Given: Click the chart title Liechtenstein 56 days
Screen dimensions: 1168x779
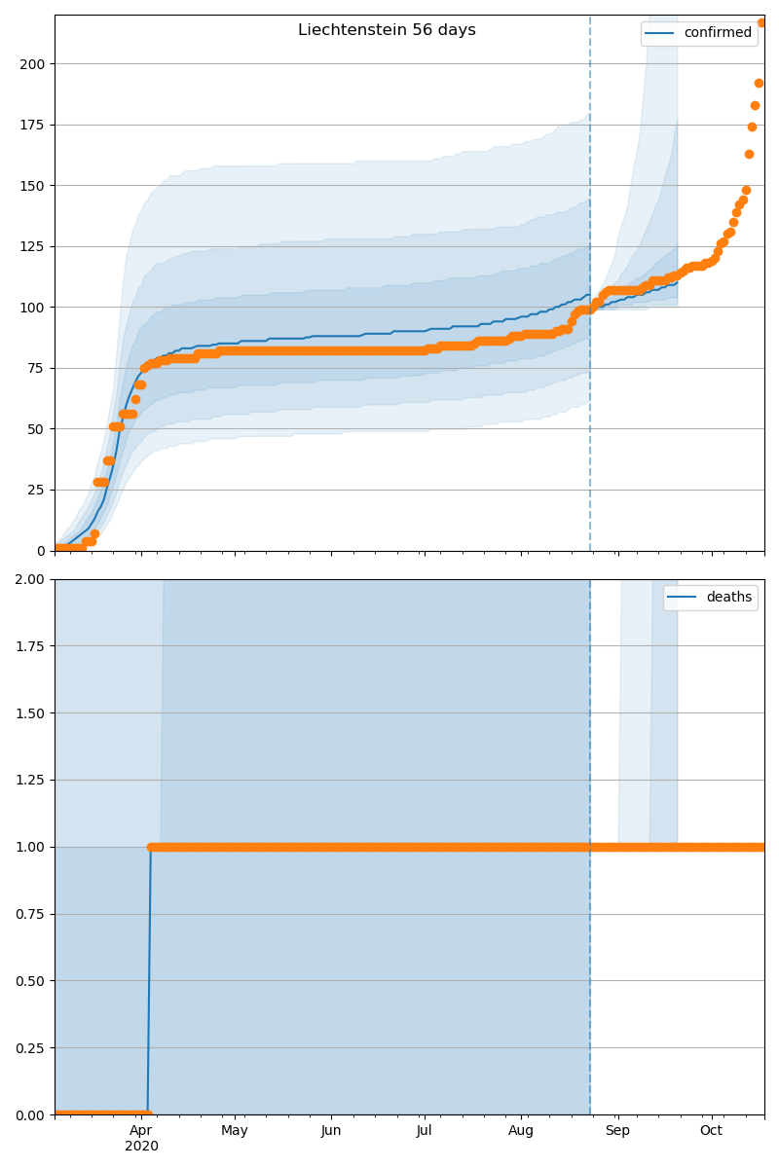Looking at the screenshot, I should [387, 30].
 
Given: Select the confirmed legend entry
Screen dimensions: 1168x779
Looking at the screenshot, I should [717, 33].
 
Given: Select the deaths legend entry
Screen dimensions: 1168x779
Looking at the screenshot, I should [728, 598].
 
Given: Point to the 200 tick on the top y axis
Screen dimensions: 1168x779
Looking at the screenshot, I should [33, 64].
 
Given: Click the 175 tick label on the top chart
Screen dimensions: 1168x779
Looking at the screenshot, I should [33, 125].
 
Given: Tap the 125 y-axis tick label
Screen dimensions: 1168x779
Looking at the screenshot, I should [33, 246].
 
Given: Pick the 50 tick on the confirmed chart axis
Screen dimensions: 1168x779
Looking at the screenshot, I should [37, 429].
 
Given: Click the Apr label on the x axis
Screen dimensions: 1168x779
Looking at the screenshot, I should [141, 1130].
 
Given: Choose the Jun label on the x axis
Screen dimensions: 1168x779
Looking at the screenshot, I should [331, 1130].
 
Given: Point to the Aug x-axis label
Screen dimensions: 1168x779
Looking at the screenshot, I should [522, 1130].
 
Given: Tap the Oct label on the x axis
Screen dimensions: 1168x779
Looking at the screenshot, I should [711, 1130].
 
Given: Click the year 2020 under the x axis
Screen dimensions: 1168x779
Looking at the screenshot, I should [141, 1146].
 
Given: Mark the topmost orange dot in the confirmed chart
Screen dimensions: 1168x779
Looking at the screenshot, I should [761, 22].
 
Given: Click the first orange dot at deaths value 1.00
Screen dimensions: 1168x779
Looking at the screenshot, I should [152, 847].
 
